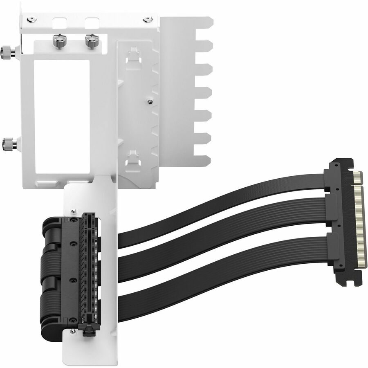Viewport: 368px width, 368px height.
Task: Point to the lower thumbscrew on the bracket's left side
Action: (x=9, y=144)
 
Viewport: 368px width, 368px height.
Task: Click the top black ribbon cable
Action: (x=229, y=204)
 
